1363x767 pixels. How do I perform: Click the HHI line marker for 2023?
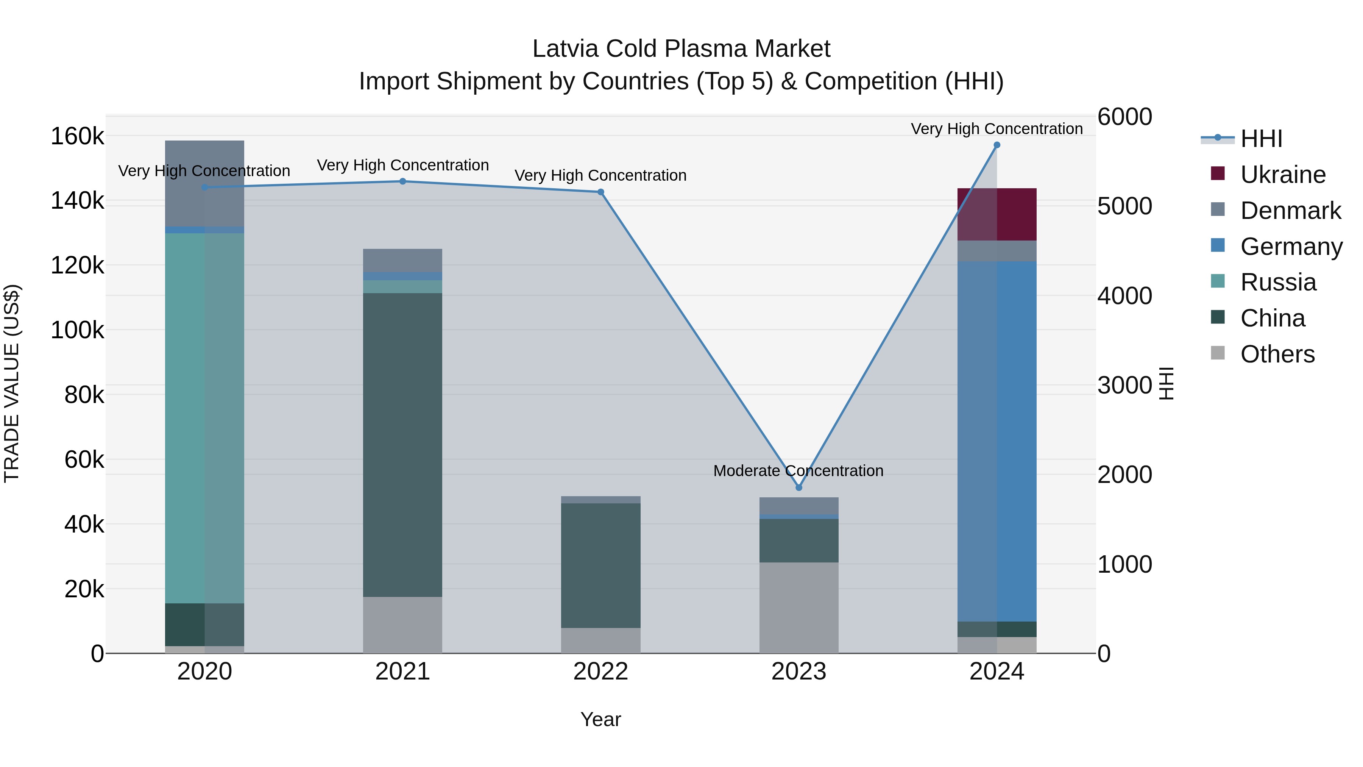(x=798, y=487)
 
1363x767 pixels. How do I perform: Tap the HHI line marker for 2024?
(x=997, y=145)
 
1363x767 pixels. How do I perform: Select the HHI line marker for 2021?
(x=403, y=181)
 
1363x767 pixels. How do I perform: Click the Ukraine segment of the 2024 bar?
(x=997, y=214)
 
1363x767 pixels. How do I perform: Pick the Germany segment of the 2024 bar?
(x=997, y=441)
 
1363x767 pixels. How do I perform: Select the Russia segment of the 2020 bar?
(x=205, y=418)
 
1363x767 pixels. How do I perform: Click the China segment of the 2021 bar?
(x=403, y=445)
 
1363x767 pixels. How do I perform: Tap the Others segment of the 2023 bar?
(x=798, y=608)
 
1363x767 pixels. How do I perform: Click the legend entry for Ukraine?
(x=1283, y=175)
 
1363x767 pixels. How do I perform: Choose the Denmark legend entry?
(x=1290, y=211)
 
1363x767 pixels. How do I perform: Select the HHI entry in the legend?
(x=1261, y=139)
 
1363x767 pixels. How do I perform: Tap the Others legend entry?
(x=1277, y=354)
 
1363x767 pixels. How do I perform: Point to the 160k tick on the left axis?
(x=77, y=137)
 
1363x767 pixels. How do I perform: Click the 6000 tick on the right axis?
(x=1124, y=117)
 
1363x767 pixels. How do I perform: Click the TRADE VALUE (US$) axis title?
(x=12, y=384)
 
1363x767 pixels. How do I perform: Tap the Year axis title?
(x=600, y=719)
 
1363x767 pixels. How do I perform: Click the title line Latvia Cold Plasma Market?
(x=681, y=49)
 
